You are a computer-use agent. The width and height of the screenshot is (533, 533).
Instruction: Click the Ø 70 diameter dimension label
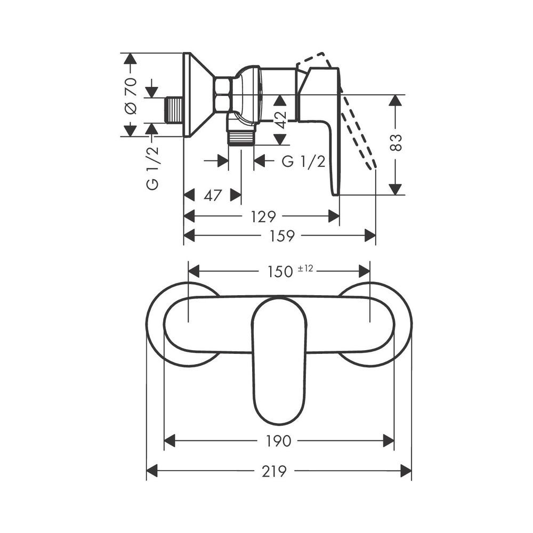[x=131, y=96]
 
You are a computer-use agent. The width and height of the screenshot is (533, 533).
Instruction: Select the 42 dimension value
[x=280, y=119]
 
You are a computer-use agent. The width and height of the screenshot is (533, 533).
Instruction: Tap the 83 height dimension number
[x=395, y=142]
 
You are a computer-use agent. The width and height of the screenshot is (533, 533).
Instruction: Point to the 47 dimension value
[x=213, y=196]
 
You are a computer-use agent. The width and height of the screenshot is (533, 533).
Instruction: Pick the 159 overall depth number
[x=282, y=236]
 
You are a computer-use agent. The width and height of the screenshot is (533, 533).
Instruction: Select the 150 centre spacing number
[x=280, y=272]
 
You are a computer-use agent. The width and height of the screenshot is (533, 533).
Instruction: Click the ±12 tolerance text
[x=305, y=269]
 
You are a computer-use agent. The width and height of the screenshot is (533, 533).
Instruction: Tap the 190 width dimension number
[x=279, y=441]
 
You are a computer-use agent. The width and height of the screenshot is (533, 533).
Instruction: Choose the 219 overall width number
[x=274, y=471]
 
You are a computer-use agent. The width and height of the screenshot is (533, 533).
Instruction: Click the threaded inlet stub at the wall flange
[x=174, y=110]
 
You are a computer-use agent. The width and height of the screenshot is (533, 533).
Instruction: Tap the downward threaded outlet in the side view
[x=241, y=139]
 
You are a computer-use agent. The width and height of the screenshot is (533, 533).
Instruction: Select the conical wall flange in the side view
[x=197, y=95]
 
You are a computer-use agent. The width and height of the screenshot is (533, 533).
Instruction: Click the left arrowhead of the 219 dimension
[x=152, y=471]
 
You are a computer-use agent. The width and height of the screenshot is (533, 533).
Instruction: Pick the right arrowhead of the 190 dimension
[x=389, y=441]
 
